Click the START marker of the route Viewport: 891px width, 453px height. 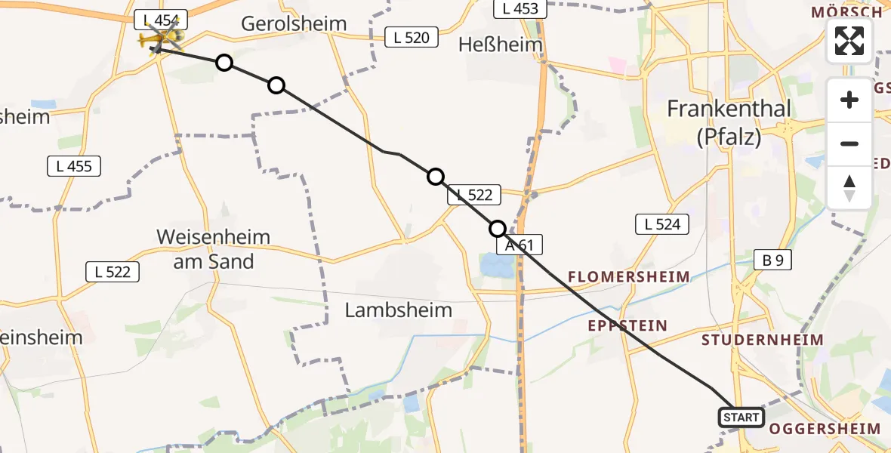click(x=741, y=418)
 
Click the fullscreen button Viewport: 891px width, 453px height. click(x=849, y=41)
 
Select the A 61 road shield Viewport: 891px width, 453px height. click(x=519, y=245)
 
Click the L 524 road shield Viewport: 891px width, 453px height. click(x=661, y=223)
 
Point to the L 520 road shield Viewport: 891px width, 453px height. click(x=412, y=37)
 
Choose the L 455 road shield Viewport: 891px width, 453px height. click(x=74, y=166)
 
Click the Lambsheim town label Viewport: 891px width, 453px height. click(x=399, y=310)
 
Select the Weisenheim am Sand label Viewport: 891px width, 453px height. click(x=213, y=249)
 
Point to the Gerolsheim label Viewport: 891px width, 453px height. click(x=294, y=23)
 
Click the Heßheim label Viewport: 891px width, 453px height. click(x=501, y=45)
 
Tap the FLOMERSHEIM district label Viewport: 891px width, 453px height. click(x=628, y=277)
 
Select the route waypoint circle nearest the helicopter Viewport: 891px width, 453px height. click(x=224, y=63)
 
